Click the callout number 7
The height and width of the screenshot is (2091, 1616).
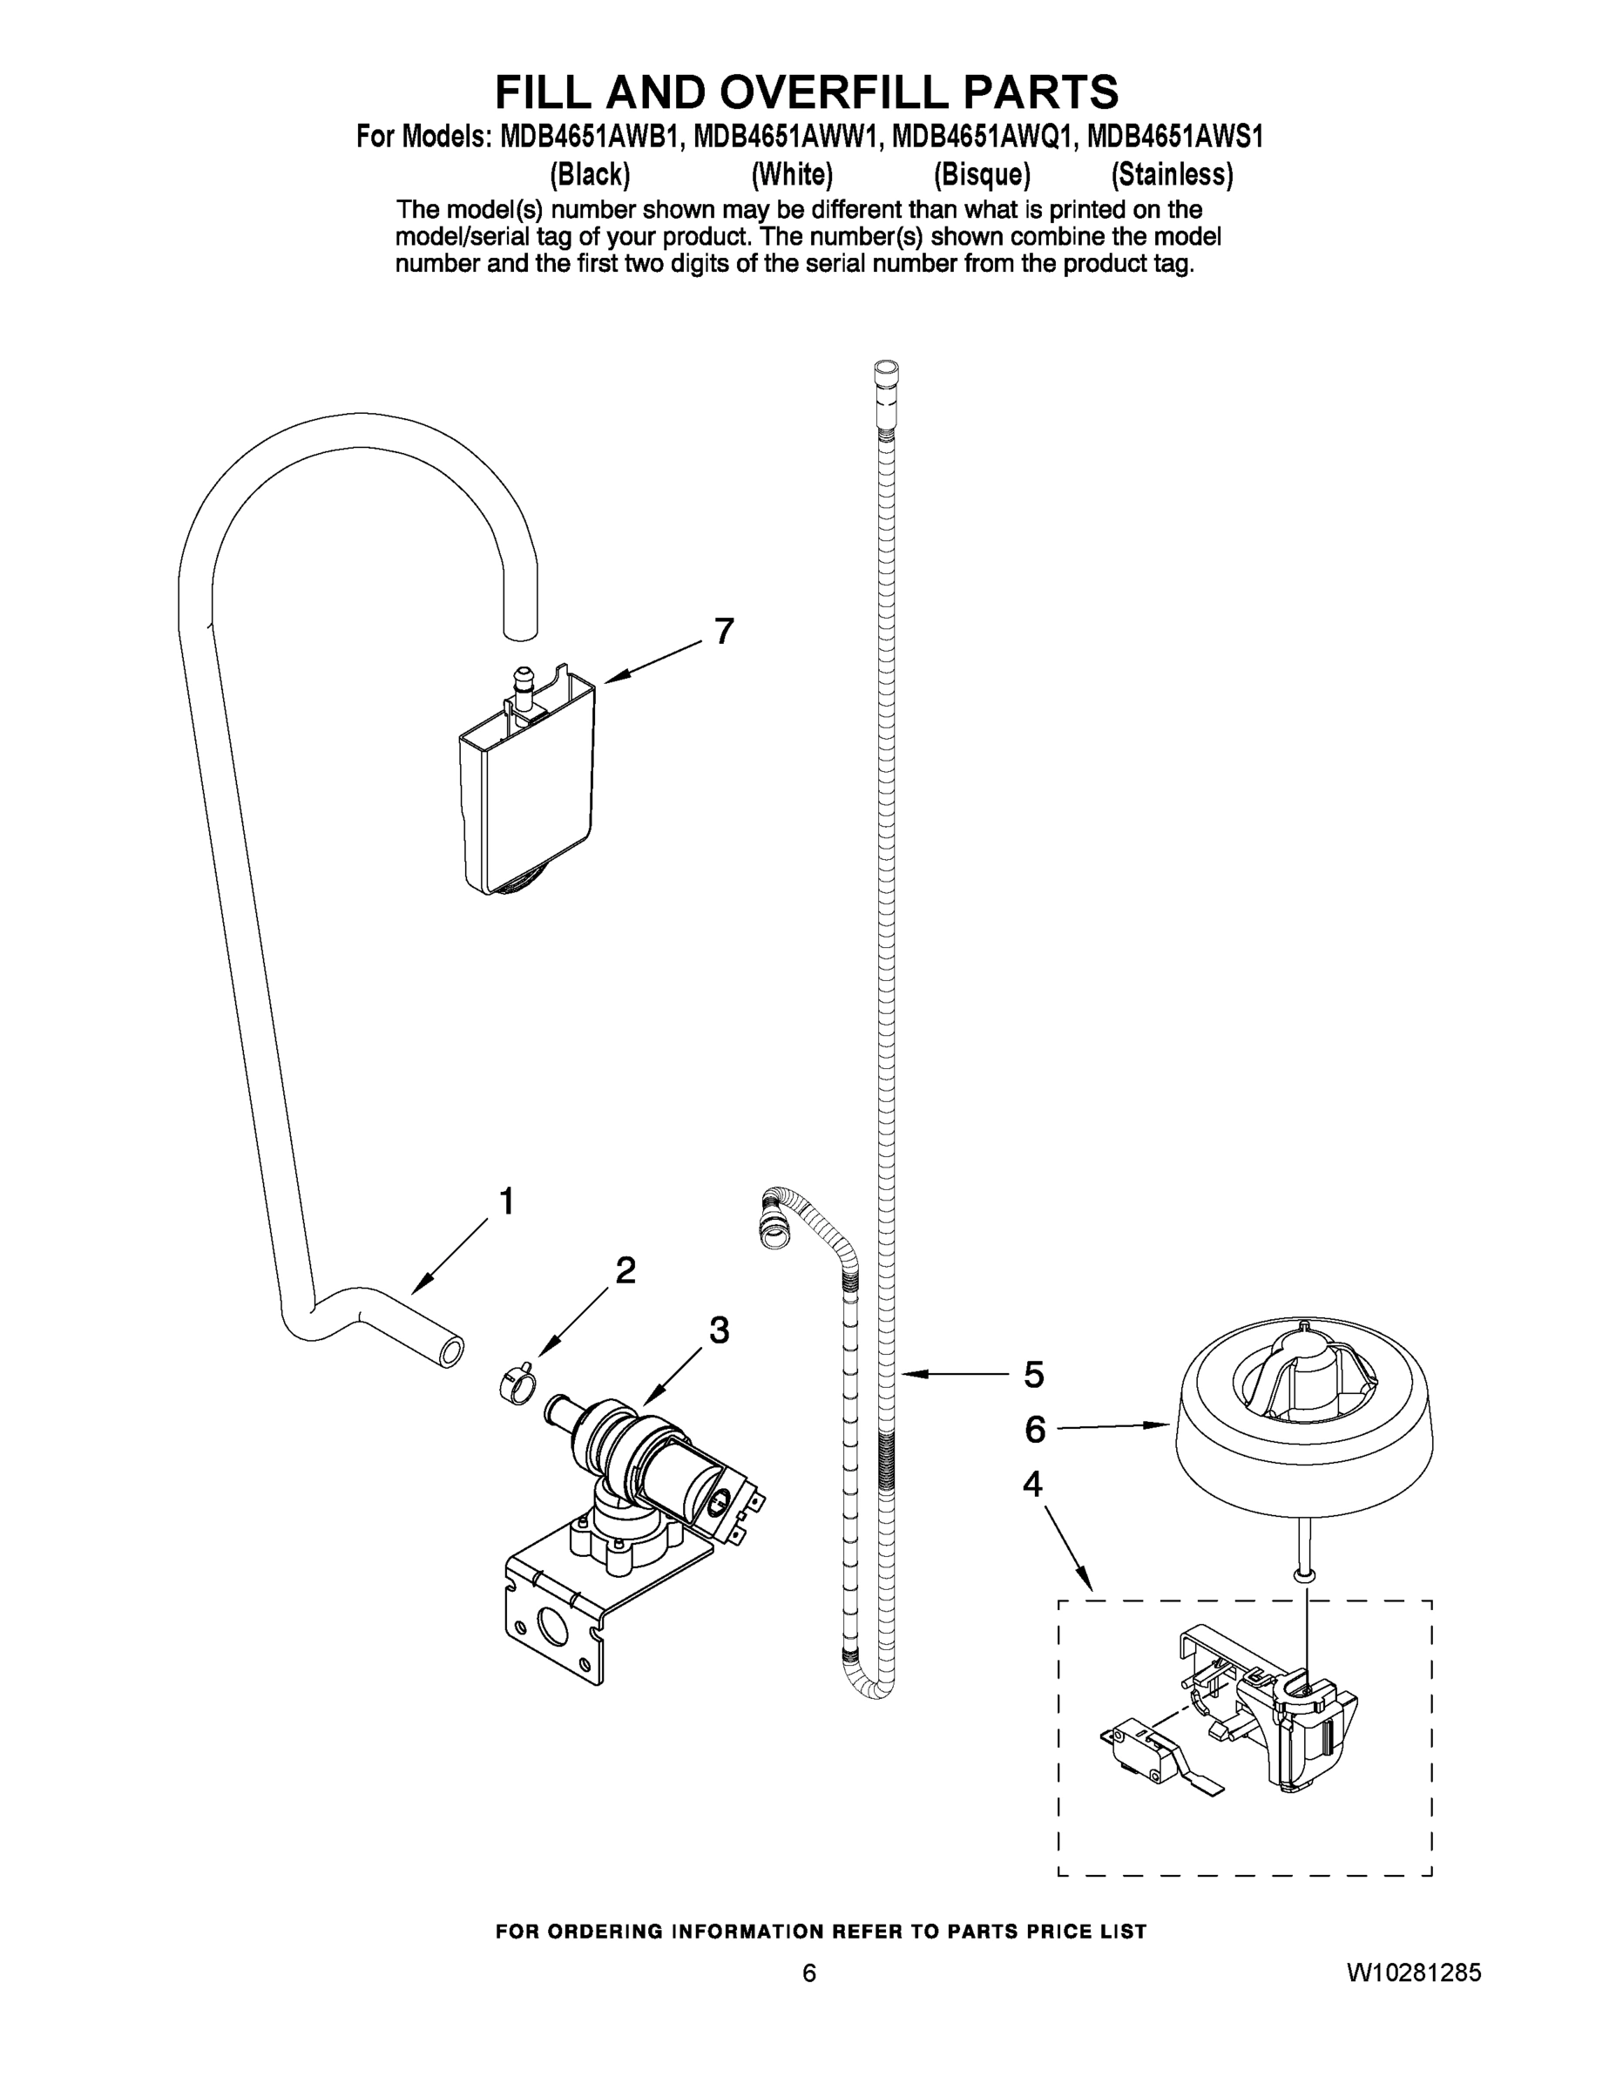click(x=724, y=632)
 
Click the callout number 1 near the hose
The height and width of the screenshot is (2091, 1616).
click(x=506, y=1201)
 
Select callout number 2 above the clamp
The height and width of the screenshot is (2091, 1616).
click(x=625, y=1270)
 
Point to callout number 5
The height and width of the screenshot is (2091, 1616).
click(x=1033, y=1375)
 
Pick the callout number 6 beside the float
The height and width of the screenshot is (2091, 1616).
click(x=1035, y=1431)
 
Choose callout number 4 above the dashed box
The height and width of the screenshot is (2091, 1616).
click(x=1032, y=1485)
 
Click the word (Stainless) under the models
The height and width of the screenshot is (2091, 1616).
click(x=1172, y=175)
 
